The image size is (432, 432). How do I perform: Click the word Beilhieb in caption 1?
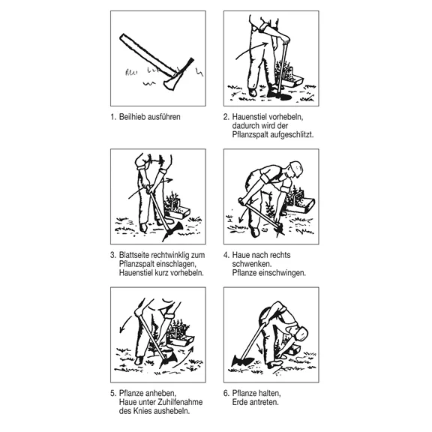132,117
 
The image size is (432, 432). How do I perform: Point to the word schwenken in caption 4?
251,264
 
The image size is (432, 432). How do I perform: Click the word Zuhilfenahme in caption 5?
180,402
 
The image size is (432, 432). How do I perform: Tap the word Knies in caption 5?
142,411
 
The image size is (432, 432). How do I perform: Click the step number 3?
112,255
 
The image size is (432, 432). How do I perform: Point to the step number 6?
226,393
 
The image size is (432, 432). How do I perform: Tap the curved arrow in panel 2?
251,50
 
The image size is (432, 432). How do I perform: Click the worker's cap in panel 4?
296,168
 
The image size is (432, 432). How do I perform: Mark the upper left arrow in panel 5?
125,324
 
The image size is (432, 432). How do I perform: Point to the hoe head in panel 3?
173,230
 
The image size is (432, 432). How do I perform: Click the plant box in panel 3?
178,211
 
